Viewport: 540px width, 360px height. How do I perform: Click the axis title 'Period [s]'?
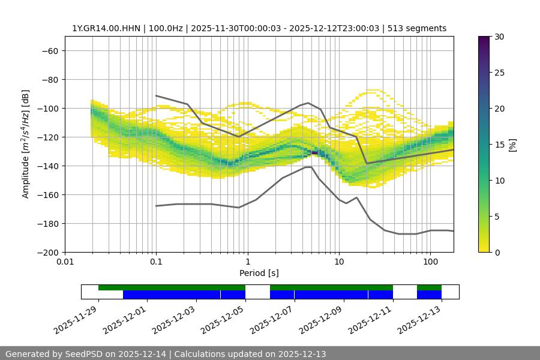click(x=259, y=273)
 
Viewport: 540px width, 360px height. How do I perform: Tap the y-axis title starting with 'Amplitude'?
click(x=26, y=144)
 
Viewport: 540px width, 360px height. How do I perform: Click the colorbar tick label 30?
click(x=498, y=37)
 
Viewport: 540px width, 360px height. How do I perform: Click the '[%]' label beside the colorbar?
click(x=512, y=144)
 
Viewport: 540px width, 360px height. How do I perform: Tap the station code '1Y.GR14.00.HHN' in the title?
click(x=102, y=28)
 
